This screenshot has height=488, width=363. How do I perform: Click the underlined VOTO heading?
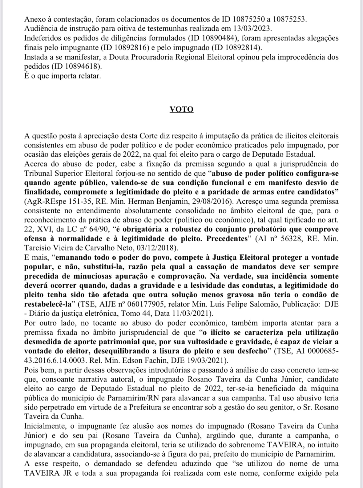coord(181,109)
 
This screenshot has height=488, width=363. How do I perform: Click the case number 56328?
coord(287,239)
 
